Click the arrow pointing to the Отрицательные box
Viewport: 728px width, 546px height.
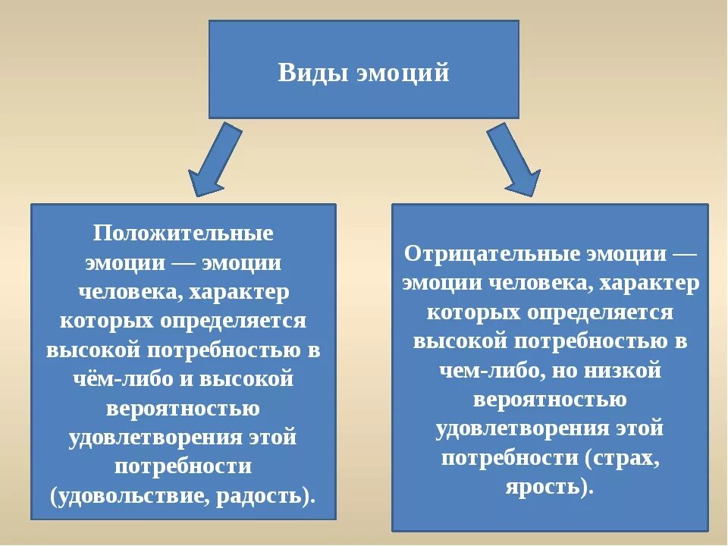click(514, 159)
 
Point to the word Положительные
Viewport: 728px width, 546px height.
click(184, 233)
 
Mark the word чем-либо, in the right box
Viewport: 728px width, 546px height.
click(493, 371)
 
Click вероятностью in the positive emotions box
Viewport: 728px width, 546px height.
click(184, 409)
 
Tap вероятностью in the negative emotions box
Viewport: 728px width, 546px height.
click(550, 400)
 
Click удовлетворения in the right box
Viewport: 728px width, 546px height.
click(512, 428)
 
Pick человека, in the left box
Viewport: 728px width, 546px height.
click(129, 291)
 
